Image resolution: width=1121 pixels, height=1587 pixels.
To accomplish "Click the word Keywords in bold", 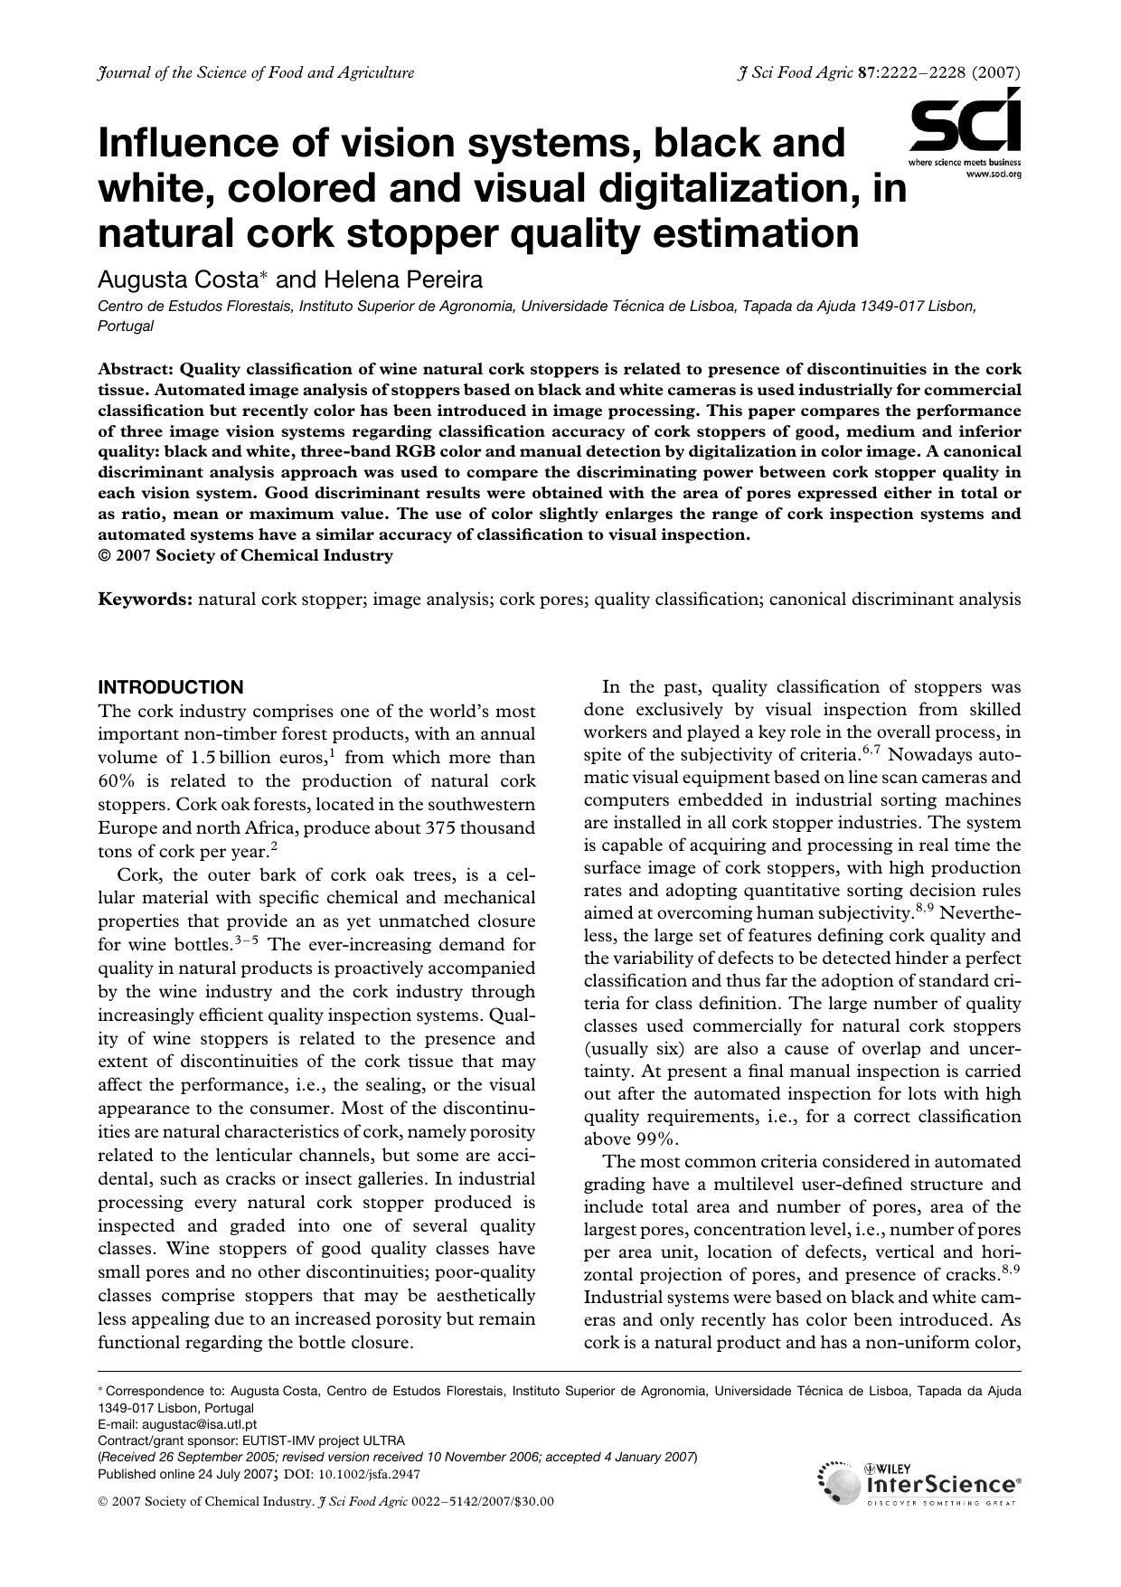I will tap(145, 599).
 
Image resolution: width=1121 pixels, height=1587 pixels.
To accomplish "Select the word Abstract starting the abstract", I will tap(137, 369).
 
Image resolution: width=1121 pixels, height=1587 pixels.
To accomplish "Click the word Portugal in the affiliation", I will tap(125, 326).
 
